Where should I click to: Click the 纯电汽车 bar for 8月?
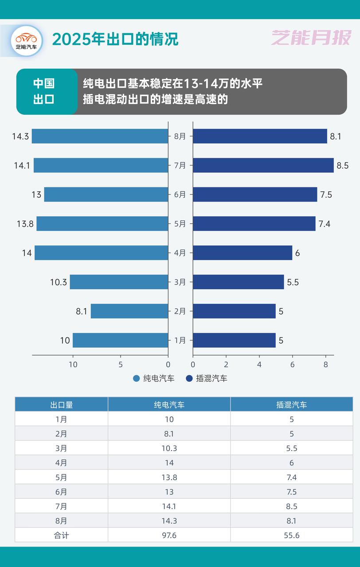coord(100,136)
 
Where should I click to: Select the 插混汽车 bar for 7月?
coord(263,165)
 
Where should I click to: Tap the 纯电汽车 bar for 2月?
coord(129,311)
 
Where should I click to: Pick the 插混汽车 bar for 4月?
coord(243,253)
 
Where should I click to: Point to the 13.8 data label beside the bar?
coord(25,224)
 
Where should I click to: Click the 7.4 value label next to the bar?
coord(324,224)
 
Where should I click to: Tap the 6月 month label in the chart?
coord(180,194)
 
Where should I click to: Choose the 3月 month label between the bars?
coord(180,282)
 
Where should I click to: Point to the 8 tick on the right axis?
coord(326,365)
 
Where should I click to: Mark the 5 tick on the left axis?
coord(121,365)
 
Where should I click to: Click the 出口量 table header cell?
coord(62,404)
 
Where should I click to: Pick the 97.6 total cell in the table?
coord(169,535)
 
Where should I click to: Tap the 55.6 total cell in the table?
coord(291,535)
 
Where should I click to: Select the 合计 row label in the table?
coord(62,535)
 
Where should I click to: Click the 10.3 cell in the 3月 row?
coord(169,448)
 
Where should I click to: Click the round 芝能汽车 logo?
coord(27,41)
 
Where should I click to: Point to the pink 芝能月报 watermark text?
coord(311,39)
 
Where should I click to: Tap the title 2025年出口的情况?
coord(115,39)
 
